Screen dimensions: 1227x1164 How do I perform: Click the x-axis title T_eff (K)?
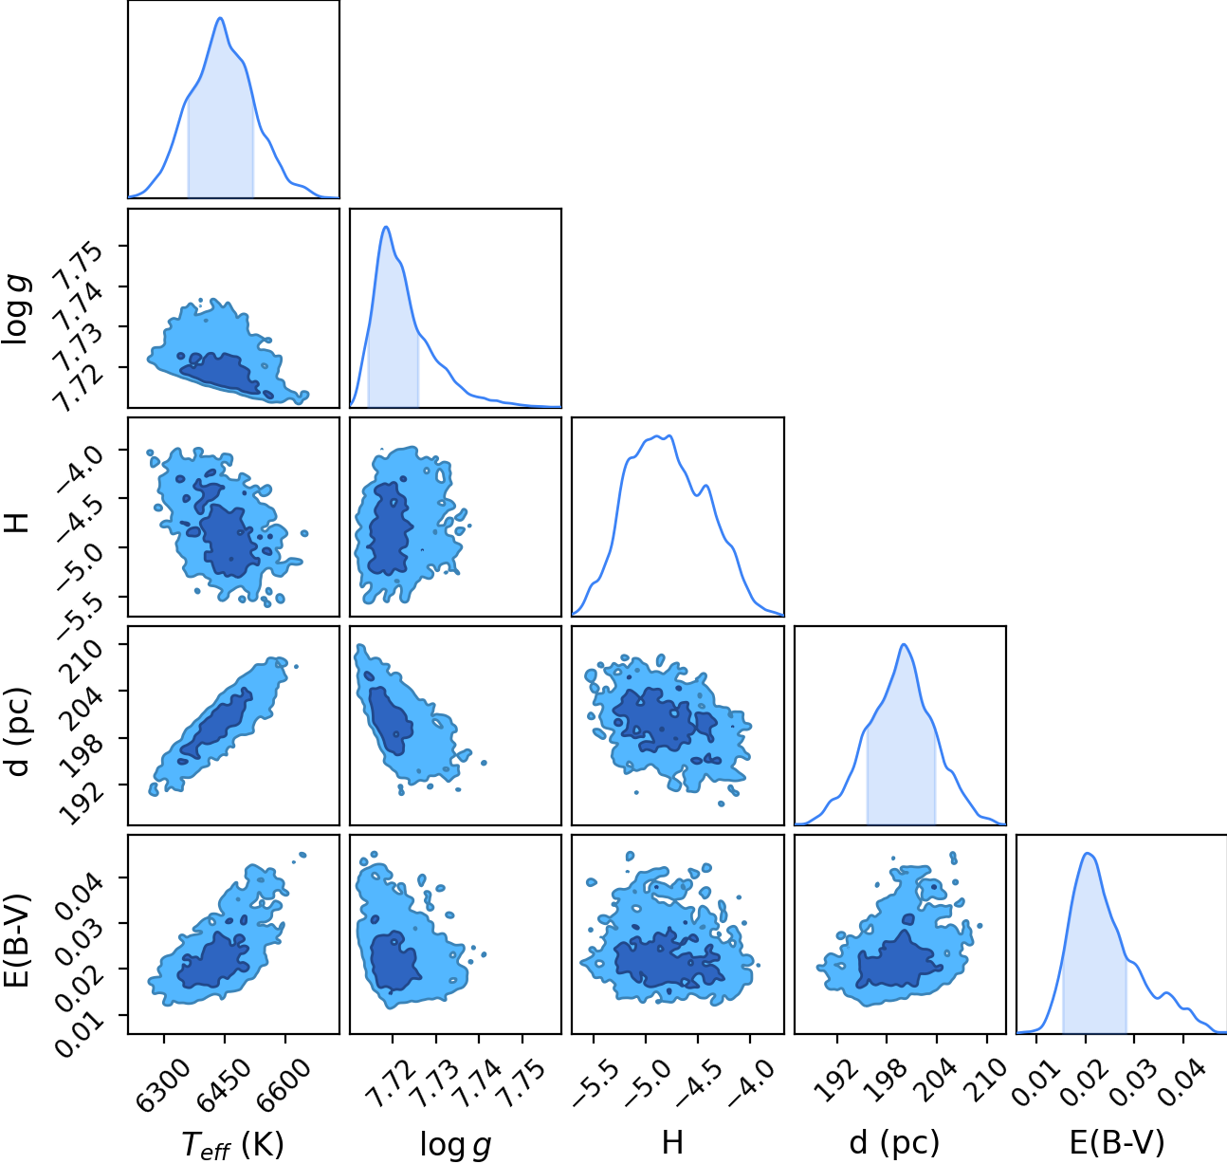click(x=233, y=1145)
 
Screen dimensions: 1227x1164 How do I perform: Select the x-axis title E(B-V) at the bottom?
click(x=1117, y=1142)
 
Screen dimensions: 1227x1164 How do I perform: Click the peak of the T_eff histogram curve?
click(x=220, y=17)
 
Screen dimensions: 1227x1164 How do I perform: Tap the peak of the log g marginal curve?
click(x=386, y=227)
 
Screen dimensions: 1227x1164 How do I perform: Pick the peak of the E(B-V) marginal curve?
click(x=1088, y=854)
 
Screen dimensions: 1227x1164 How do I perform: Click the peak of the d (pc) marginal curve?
click(x=904, y=644)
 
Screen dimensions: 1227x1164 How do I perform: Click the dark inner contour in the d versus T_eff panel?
click(x=216, y=725)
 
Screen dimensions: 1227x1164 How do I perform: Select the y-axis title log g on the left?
click(x=17, y=309)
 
